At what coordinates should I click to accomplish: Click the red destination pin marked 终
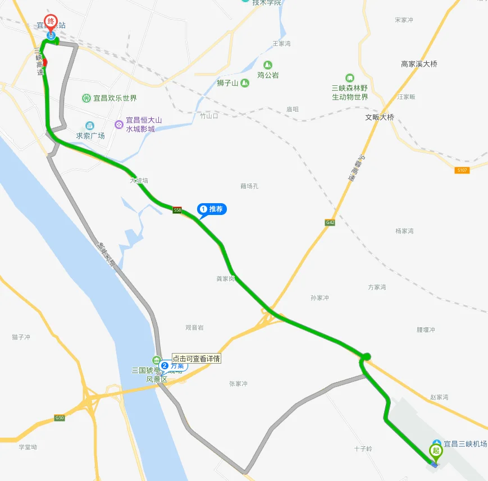pos(51,23)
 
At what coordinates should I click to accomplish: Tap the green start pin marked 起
pos(435,451)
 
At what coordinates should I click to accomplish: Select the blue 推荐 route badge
pos(212,209)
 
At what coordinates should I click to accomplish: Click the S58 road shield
pos(177,210)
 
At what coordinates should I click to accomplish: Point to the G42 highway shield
pos(330,223)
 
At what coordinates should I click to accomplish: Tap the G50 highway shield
pos(60,418)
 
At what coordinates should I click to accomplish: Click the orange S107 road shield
pos(462,170)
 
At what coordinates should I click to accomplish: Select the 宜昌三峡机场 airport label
pos(465,443)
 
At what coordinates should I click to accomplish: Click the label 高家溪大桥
pos(419,64)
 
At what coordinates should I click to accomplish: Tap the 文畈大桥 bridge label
pos(380,118)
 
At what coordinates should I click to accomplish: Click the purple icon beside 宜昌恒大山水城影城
pos(118,124)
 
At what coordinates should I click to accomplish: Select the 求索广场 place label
pos(90,135)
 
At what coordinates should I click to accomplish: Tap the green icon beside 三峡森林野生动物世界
pos(350,78)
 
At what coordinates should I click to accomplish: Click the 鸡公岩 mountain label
pos(268,75)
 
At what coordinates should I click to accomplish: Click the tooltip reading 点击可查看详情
pos(197,359)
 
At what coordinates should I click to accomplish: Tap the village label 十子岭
pos(363,449)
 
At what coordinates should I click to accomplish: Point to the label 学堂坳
pos(28,447)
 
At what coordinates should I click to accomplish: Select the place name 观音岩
pos(194,327)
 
